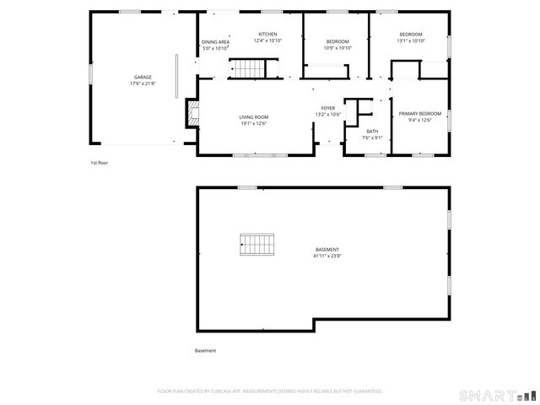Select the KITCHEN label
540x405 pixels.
tap(267, 35)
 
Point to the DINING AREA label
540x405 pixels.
tap(215, 41)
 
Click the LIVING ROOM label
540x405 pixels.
tap(252, 117)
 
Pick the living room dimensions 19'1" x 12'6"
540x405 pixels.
tap(252, 124)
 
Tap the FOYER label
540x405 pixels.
tap(327, 108)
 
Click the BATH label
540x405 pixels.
tap(372, 131)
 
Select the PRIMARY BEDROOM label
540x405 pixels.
tap(419, 113)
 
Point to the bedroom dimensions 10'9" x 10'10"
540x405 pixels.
tap(337, 48)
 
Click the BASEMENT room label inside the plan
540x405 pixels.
tap(327, 249)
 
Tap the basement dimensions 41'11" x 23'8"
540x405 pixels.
tap(327, 256)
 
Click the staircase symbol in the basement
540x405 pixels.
tap(258, 245)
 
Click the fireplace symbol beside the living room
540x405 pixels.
tap(193, 112)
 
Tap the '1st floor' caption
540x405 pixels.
tap(100, 162)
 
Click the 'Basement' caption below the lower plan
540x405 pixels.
tap(206, 350)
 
